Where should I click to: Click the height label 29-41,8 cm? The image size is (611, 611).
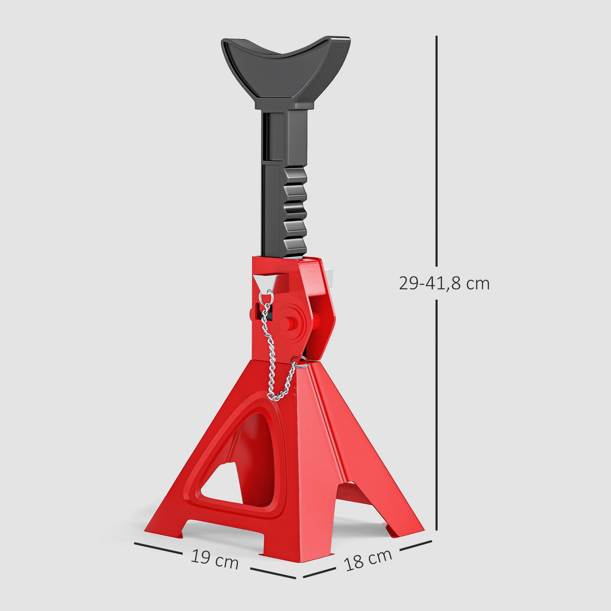[444, 283]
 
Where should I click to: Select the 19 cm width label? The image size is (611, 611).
[215, 559]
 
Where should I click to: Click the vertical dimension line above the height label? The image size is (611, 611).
[437, 153]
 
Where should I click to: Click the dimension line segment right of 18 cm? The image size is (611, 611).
[415, 546]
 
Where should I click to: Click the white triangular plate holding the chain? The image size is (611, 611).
[265, 282]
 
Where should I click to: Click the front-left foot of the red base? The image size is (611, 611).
[163, 527]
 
